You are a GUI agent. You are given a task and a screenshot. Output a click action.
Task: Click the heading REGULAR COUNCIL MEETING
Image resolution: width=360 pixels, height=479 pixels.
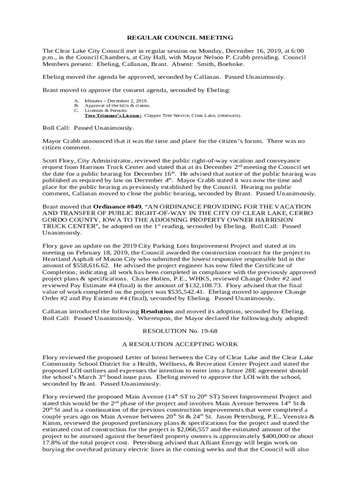tap(180, 37)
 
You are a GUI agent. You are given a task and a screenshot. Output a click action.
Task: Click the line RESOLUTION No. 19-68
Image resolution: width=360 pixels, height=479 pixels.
tap(180, 331)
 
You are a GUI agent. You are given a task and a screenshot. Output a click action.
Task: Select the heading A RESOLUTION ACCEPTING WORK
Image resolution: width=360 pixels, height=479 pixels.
tap(180, 344)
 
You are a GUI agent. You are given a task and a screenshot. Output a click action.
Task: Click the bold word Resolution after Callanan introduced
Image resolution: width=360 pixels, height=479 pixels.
tap(157, 311)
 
